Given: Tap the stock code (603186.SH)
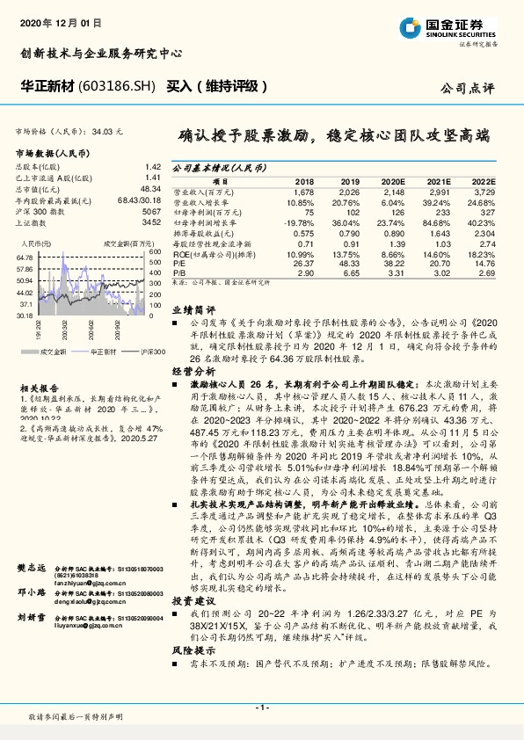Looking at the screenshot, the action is click(117, 87).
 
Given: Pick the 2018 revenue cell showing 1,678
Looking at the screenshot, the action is click(303, 191).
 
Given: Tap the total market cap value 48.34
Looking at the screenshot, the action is click(150, 189).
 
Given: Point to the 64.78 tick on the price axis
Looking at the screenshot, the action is click(25, 257).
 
